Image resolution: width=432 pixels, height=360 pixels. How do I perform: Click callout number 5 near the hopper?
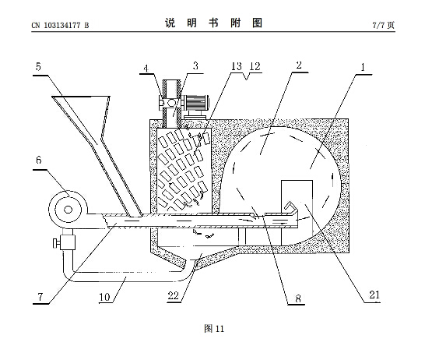click(x=38, y=66)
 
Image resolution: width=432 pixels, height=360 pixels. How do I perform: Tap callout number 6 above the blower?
click(x=39, y=161)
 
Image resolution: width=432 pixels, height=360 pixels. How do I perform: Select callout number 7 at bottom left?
click(x=40, y=297)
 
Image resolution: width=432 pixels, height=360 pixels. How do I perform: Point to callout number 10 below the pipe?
click(x=104, y=297)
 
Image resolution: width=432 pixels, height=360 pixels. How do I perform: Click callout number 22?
click(x=174, y=295)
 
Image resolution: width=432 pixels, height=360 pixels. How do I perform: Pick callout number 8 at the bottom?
click(x=298, y=298)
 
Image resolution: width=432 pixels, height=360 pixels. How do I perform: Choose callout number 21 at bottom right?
click(x=374, y=295)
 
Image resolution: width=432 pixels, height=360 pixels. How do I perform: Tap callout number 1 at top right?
click(x=363, y=67)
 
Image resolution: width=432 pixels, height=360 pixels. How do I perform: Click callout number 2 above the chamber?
click(x=299, y=65)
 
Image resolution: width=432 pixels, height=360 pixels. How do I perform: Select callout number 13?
click(x=236, y=66)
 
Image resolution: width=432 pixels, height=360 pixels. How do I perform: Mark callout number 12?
click(x=255, y=66)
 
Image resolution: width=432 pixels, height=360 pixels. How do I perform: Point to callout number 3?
click(x=195, y=66)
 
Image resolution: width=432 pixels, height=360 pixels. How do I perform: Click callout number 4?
click(x=146, y=68)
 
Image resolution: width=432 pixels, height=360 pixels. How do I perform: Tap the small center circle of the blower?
click(x=68, y=210)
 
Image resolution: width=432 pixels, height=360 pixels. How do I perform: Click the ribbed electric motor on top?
click(x=196, y=103)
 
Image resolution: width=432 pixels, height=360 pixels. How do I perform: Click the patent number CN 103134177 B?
click(x=60, y=26)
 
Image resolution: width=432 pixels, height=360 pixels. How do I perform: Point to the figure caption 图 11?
click(x=214, y=329)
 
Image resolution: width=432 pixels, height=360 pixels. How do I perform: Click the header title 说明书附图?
click(x=213, y=23)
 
